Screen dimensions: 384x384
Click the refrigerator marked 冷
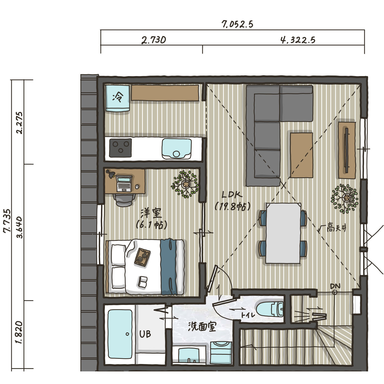(x=117, y=98)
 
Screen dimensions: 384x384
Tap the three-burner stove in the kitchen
(x=120, y=148)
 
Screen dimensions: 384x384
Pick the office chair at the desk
(x=124, y=200)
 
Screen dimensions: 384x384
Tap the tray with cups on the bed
(x=142, y=257)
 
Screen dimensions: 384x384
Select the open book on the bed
(x=143, y=282)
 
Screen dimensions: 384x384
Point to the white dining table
(x=283, y=233)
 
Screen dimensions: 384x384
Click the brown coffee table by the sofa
(x=301, y=155)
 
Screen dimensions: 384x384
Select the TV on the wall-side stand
(x=347, y=150)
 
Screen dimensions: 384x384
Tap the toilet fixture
(x=270, y=309)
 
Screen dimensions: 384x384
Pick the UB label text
(x=145, y=334)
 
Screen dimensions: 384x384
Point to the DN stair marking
(x=335, y=286)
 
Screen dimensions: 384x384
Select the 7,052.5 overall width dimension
(x=237, y=24)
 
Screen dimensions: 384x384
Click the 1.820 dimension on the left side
(x=19, y=332)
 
